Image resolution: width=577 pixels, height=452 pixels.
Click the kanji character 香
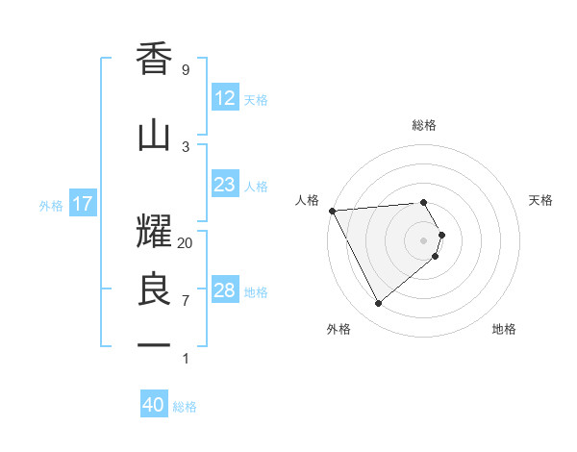tap(155, 61)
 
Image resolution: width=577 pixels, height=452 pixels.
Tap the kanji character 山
tap(155, 136)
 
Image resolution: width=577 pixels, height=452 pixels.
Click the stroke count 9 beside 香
tap(186, 70)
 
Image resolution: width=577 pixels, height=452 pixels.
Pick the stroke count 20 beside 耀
tap(186, 242)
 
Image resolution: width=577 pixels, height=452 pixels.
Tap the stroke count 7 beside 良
tap(186, 300)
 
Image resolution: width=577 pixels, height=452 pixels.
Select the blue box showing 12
tap(224, 98)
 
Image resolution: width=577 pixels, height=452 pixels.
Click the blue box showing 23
tap(224, 185)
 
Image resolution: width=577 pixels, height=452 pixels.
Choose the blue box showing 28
tap(224, 290)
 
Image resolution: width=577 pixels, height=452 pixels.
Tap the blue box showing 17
tap(82, 204)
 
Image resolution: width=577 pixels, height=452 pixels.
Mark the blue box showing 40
tap(154, 405)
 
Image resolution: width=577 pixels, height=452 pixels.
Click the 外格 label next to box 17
tap(51, 205)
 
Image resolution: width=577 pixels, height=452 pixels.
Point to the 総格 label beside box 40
tap(185, 407)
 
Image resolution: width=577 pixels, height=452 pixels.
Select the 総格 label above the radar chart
tap(424, 125)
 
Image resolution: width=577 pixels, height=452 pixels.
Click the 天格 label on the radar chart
tap(541, 200)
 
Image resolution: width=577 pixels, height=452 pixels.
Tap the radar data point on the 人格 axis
tap(332, 211)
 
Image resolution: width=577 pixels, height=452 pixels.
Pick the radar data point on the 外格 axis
tap(378, 304)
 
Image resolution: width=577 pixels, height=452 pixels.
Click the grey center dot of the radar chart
tap(424, 239)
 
